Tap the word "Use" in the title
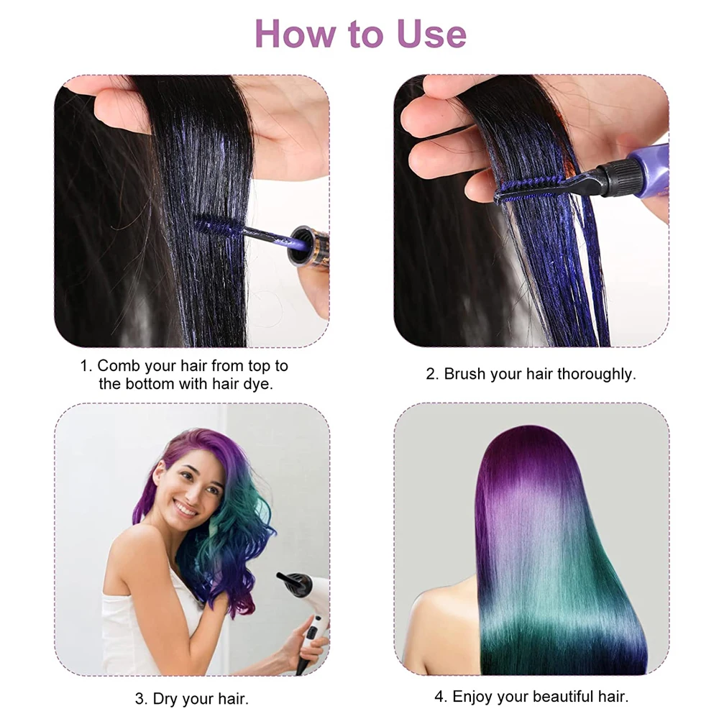pos(429,34)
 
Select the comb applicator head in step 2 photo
pos(528,189)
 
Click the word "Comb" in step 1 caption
pos(119,365)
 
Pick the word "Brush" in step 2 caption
pos(464,374)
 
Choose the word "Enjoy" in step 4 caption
pos(474,696)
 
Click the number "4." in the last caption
pos(441,696)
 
